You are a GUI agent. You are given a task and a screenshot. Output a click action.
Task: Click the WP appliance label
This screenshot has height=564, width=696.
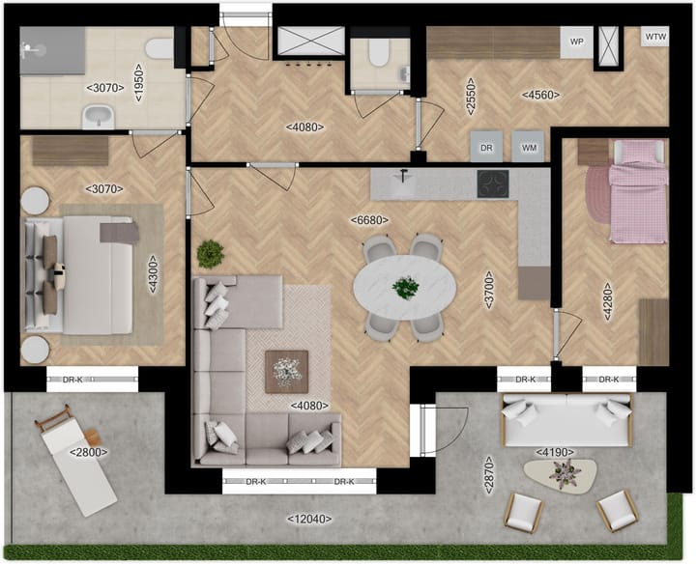(x=577, y=42)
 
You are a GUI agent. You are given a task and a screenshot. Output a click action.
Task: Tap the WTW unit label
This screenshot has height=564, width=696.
(x=655, y=38)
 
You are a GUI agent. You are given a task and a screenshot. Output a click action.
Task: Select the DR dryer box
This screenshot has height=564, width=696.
(x=487, y=147)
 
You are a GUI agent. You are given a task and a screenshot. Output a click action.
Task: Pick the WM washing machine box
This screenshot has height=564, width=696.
(x=529, y=147)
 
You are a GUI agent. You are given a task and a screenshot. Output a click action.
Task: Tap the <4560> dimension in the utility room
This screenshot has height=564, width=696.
(x=538, y=95)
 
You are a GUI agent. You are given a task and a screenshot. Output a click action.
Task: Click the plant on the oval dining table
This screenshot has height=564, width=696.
(x=405, y=286)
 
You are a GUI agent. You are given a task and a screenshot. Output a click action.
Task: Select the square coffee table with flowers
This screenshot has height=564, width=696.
(x=286, y=370)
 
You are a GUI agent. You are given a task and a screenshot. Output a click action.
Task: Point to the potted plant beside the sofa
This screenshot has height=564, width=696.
(x=210, y=254)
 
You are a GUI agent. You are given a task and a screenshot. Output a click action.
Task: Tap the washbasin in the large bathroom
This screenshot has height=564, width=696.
(x=99, y=117)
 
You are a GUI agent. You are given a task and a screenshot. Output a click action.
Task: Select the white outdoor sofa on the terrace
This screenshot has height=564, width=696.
(x=565, y=419)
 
